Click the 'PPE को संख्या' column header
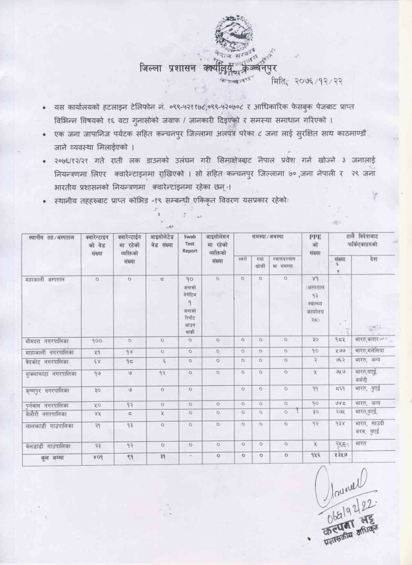tap(315, 245)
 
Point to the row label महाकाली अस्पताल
tap(45, 279)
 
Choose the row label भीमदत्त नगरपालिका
tap(47, 340)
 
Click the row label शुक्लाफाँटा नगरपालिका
tap(51, 374)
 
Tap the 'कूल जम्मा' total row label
tap(46, 458)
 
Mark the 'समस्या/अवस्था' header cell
tap(267, 237)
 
